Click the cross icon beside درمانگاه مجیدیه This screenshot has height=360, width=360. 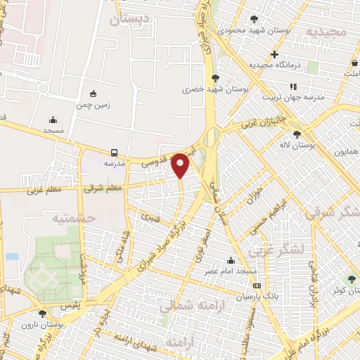point(274,54)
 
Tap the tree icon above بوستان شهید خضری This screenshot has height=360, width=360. point(214,78)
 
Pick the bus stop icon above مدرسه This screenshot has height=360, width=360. point(114,152)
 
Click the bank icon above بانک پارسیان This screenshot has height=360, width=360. point(257,285)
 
